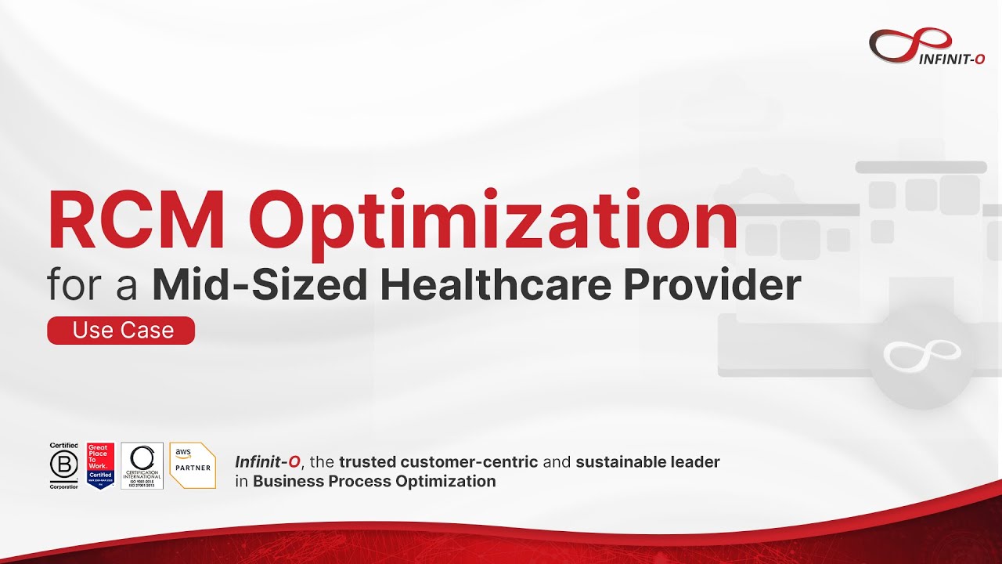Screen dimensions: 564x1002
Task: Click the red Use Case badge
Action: [121, 331]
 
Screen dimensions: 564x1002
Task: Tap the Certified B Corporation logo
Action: [64, 466]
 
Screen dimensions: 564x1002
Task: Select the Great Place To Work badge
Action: [100, 466]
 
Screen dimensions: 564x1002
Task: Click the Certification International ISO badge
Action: [142, 466]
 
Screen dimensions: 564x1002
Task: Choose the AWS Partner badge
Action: [193, 466]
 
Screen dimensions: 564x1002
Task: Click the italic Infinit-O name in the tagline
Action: [267, 462]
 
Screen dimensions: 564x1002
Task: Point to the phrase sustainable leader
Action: [647, 462]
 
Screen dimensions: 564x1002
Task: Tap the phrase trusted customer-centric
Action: [438, 462]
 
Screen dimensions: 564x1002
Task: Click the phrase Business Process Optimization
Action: [374, 481]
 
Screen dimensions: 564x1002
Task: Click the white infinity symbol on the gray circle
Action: [921, 354]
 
